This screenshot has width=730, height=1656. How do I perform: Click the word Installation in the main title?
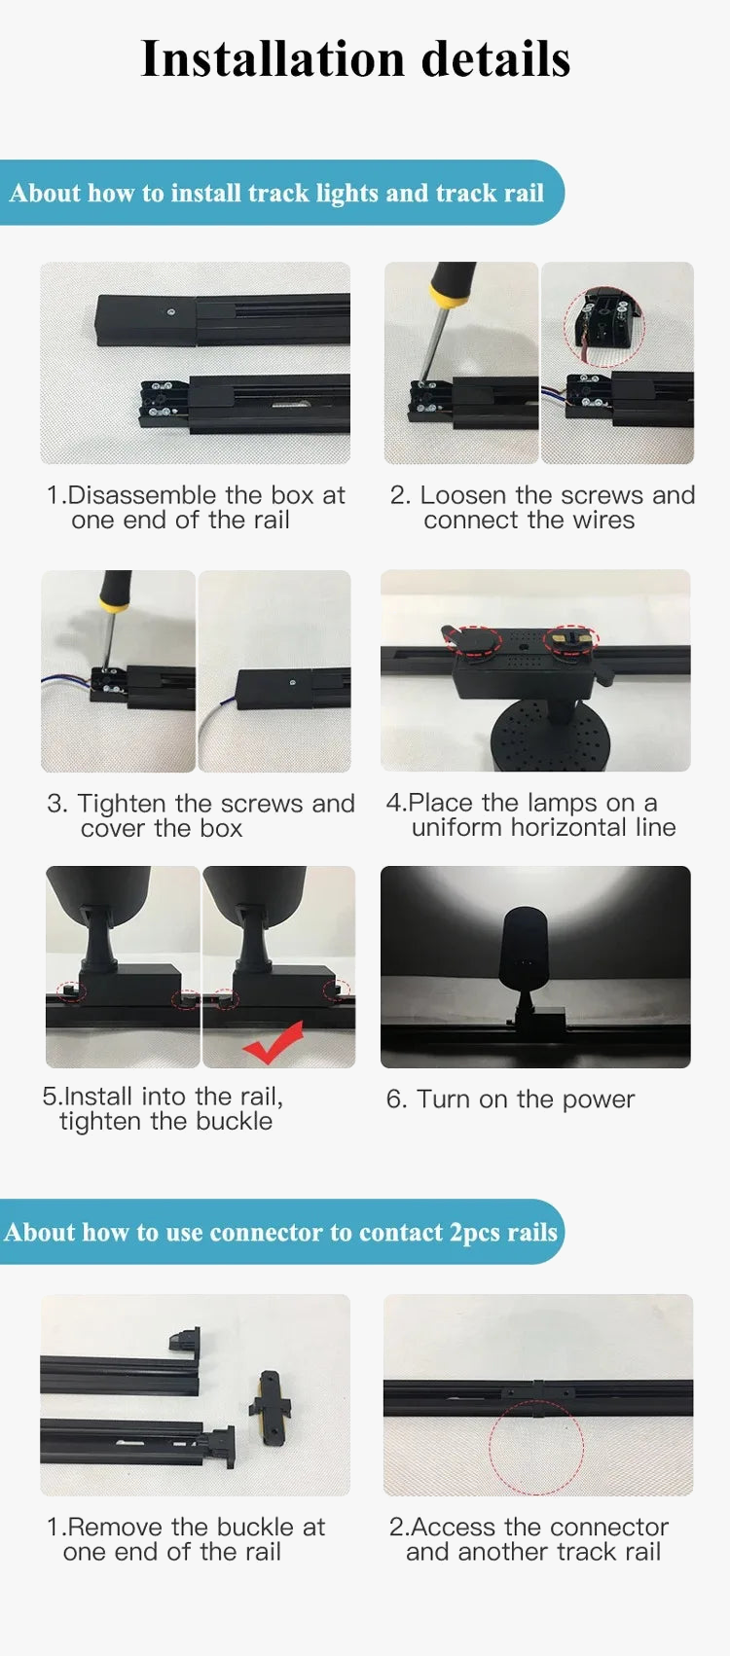click(273, 58)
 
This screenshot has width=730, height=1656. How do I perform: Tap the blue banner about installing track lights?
click(281, 193)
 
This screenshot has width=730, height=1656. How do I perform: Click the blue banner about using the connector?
click(281, 1232)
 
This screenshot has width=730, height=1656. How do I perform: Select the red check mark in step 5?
click(273, 1042)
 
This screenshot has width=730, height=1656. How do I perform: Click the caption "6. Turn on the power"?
click(510, 1099)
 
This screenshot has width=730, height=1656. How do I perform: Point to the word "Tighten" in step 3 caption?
click(122, 803)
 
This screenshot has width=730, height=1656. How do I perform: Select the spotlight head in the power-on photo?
click(526, 949)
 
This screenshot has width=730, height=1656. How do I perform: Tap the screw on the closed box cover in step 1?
click(171, 311)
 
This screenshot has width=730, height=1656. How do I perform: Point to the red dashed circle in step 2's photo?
click(603, 326)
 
